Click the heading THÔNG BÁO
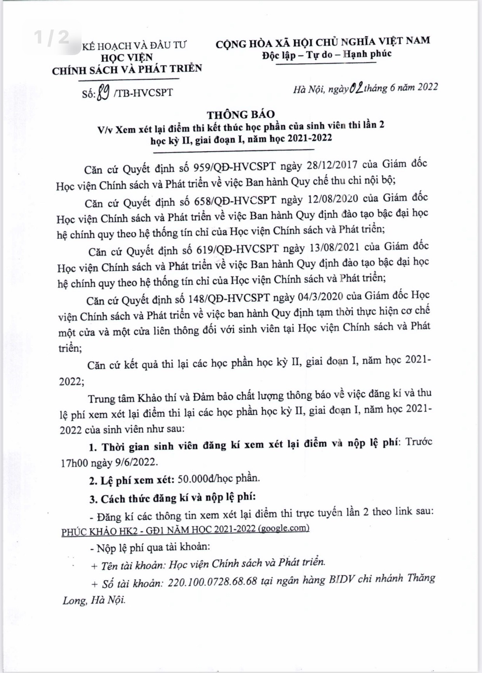coord(240,114)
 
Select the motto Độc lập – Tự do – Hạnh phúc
coord(327,54)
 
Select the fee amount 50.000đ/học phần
coord(218,479)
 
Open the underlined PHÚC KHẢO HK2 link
coord(185,529)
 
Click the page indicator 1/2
coord(51,38)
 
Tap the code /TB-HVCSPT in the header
coord(143,93)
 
